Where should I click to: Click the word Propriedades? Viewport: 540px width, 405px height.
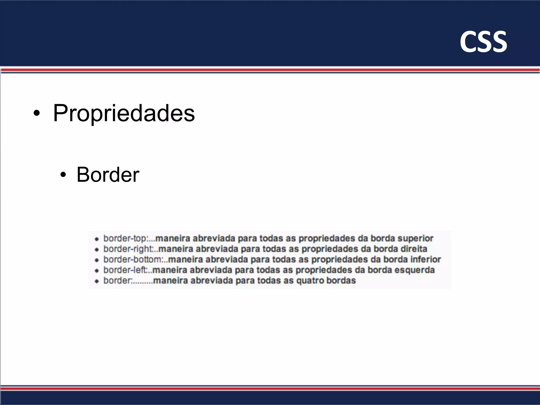tap(124, 113)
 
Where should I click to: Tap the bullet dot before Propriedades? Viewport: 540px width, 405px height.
tap(37, 114)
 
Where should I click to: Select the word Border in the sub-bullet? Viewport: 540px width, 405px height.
tap(108, 175)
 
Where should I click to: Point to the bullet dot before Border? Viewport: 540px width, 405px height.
tap(63, 175)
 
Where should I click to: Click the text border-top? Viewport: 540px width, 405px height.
tap(126, 238)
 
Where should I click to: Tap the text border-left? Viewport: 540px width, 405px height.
tap(126, 270)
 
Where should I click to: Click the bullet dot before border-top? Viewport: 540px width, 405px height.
tap(97, 239)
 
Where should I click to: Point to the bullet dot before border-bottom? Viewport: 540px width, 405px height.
tap(97, 260)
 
